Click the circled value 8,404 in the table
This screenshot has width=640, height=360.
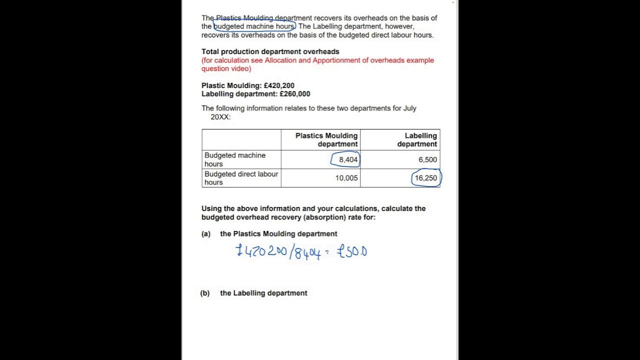(348, 159)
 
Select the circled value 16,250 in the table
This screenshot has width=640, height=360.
(425, 178)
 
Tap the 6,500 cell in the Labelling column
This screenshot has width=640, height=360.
(427, 159)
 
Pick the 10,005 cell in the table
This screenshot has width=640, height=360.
(346, 178)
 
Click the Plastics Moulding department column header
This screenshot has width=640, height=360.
(326, 139)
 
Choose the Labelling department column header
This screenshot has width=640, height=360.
(417, 139)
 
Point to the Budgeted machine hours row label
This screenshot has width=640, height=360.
(235, 159)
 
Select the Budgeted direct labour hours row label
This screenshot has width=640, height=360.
(241, 178)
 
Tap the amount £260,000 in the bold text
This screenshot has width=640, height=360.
(295, 94)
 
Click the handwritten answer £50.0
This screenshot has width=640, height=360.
(352, 251)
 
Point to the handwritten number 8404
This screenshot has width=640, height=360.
(307, 252)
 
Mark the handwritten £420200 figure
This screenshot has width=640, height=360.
(261, 250)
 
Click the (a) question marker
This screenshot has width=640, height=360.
(206, 234)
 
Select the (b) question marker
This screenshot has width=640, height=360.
(205, 293)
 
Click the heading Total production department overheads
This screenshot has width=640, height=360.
(270, 51)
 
